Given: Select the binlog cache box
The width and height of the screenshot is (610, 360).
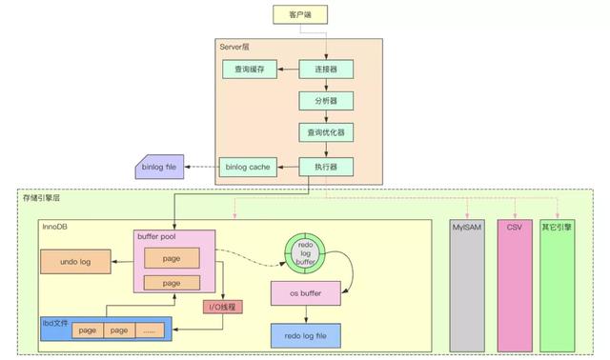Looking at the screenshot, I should point(247,167).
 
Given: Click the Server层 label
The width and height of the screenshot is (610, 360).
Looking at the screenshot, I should point(234,46).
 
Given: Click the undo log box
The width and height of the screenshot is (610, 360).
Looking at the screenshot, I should point(73,261).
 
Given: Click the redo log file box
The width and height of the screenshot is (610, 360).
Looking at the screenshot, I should point(306,334).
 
